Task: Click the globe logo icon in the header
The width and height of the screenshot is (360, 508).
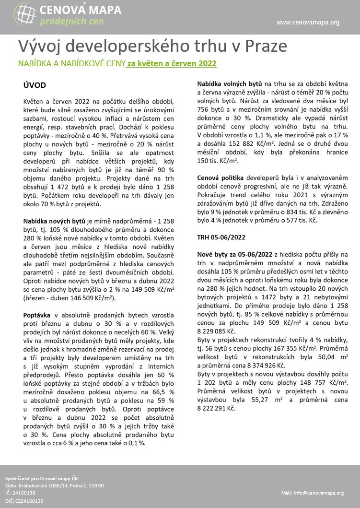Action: (x=25, y=14)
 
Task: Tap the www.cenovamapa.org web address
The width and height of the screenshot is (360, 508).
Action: (x=308, y=22)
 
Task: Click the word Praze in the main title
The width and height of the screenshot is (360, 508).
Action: (x=267, y=46)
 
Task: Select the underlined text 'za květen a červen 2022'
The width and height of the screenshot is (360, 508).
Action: (x=172, y=63)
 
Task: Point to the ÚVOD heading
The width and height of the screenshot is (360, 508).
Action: (x=35, y=85)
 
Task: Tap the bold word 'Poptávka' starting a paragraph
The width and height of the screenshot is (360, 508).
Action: (x=39, y=314)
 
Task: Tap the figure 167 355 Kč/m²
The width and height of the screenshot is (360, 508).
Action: (x=303, y=348)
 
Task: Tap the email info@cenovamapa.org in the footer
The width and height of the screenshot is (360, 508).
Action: (x=312, y=493)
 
